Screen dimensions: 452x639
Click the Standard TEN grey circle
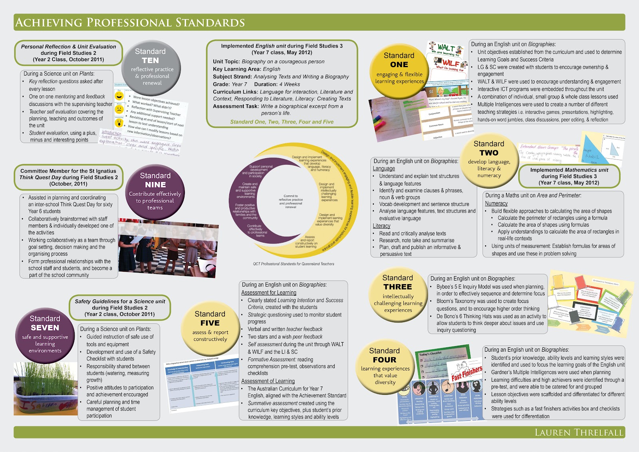(151, 68)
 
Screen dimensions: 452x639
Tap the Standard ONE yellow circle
(399, 68)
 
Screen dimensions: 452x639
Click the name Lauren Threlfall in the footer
(579, 432)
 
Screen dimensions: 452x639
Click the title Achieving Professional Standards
(130, 22)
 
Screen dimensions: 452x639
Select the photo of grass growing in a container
(46, 388)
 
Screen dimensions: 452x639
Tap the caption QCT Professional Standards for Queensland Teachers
(294, 264)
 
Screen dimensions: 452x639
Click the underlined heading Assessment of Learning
(268, 381)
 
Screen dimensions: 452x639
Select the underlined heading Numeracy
(496, 203)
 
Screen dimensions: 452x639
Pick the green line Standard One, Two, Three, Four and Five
(282, 122)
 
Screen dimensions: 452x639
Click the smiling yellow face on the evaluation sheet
(119, 96)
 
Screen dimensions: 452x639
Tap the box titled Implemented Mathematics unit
(569, 176)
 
